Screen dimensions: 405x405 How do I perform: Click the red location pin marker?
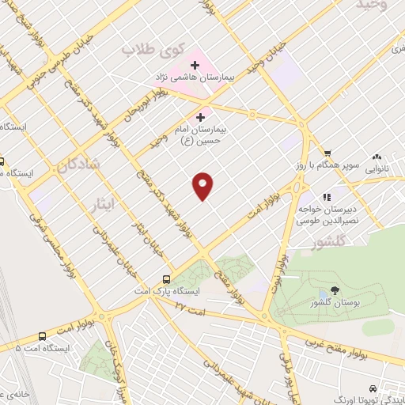pyautogui.click(x=203, y=185)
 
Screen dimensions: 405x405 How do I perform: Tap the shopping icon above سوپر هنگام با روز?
pyautogui.click(x=327, y=153)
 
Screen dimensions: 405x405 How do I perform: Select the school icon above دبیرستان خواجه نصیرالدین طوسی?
pyautogui.click(x=326, y=196)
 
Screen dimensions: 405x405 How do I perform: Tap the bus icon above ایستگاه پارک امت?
pyautogui.click(x=166, y=278)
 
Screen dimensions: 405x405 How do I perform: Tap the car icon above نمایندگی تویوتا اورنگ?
pyautogui.click(x=372, y=388)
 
